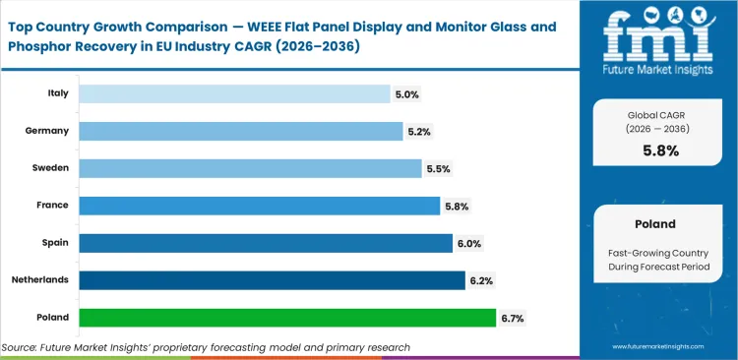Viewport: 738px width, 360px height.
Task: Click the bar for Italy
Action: (234, 93)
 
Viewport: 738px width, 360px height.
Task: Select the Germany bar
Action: (240, 131)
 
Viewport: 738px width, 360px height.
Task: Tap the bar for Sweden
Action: (250, 168)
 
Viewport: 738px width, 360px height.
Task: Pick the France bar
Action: (259, 206)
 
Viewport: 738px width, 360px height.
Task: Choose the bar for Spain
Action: (265, 243)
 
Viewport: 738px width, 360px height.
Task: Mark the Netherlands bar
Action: (272, 280)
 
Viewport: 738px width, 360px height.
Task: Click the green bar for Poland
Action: (287, 318)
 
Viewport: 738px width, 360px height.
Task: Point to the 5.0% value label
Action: (406, 94)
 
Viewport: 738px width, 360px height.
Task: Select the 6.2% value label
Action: (481, 281)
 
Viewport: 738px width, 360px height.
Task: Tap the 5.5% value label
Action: (438, 169)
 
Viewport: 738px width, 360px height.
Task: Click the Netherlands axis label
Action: (41, 280)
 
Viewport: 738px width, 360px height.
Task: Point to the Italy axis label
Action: (57, 93)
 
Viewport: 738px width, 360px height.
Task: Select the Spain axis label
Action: (54, 243)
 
